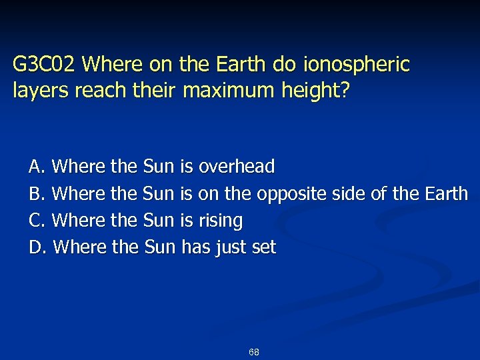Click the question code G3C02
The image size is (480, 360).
pos(46,65)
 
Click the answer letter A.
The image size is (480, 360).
pos(35,166)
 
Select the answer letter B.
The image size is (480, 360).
pos(35,193)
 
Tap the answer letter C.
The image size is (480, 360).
pos(35,220)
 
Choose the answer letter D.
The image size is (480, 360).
pos(36,247)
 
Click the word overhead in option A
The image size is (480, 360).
pos(237,166)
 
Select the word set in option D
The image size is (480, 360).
pos(263,247)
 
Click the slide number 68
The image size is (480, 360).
pos(253,351)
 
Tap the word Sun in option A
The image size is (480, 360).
pos(159,166)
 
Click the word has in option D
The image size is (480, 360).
pos(195,247)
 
